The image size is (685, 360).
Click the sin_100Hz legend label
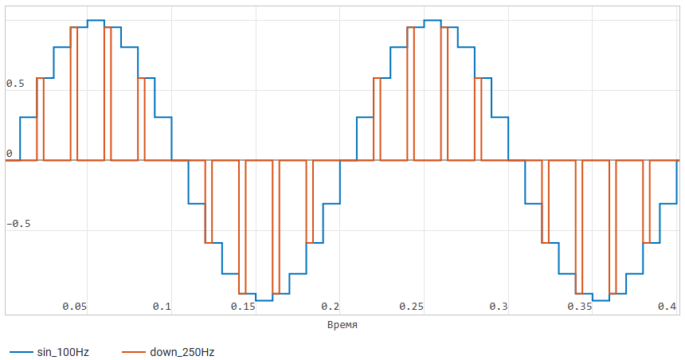point(62,351)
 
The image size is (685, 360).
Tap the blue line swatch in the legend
point(21,351)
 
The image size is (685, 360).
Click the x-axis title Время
point(342,325)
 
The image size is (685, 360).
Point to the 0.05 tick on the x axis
point(74,307)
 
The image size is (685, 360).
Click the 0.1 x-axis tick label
point(162,307)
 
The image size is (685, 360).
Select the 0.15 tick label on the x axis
point(243,307)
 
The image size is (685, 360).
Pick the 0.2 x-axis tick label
point(331,307)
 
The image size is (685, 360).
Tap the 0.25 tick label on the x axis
point(412,307)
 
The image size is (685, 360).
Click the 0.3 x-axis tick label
point(499,307)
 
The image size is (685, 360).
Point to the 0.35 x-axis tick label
point(580,307)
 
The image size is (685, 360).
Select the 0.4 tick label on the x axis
point(667,307)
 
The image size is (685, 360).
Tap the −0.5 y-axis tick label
point(18,224)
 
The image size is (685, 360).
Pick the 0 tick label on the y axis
point(9,154)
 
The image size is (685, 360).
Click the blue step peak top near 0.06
point(96,20)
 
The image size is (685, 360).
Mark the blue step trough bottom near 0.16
point(264,300)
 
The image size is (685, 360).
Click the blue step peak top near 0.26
point(433,20)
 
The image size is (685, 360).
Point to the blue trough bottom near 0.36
point(601,300)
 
